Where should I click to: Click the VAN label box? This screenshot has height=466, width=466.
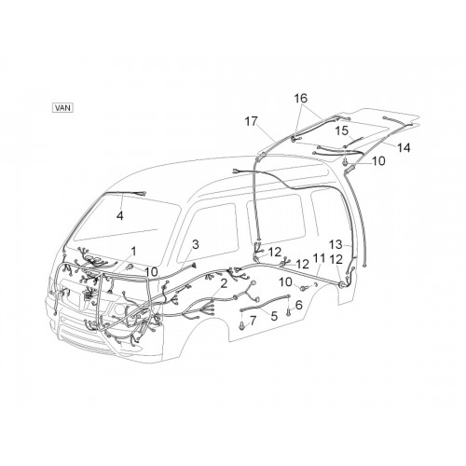63,108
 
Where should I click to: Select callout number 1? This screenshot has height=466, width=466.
134,251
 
